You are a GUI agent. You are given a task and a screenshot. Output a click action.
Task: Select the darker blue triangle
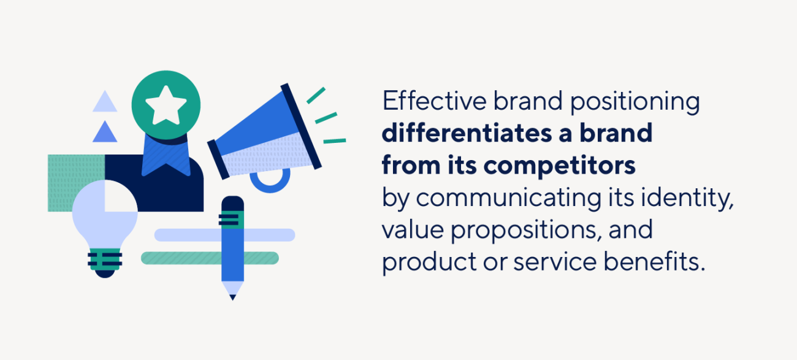coord(105,132)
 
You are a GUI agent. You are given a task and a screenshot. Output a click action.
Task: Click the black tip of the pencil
coord(232,297)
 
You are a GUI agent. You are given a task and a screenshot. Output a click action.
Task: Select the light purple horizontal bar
coord(270,235)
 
